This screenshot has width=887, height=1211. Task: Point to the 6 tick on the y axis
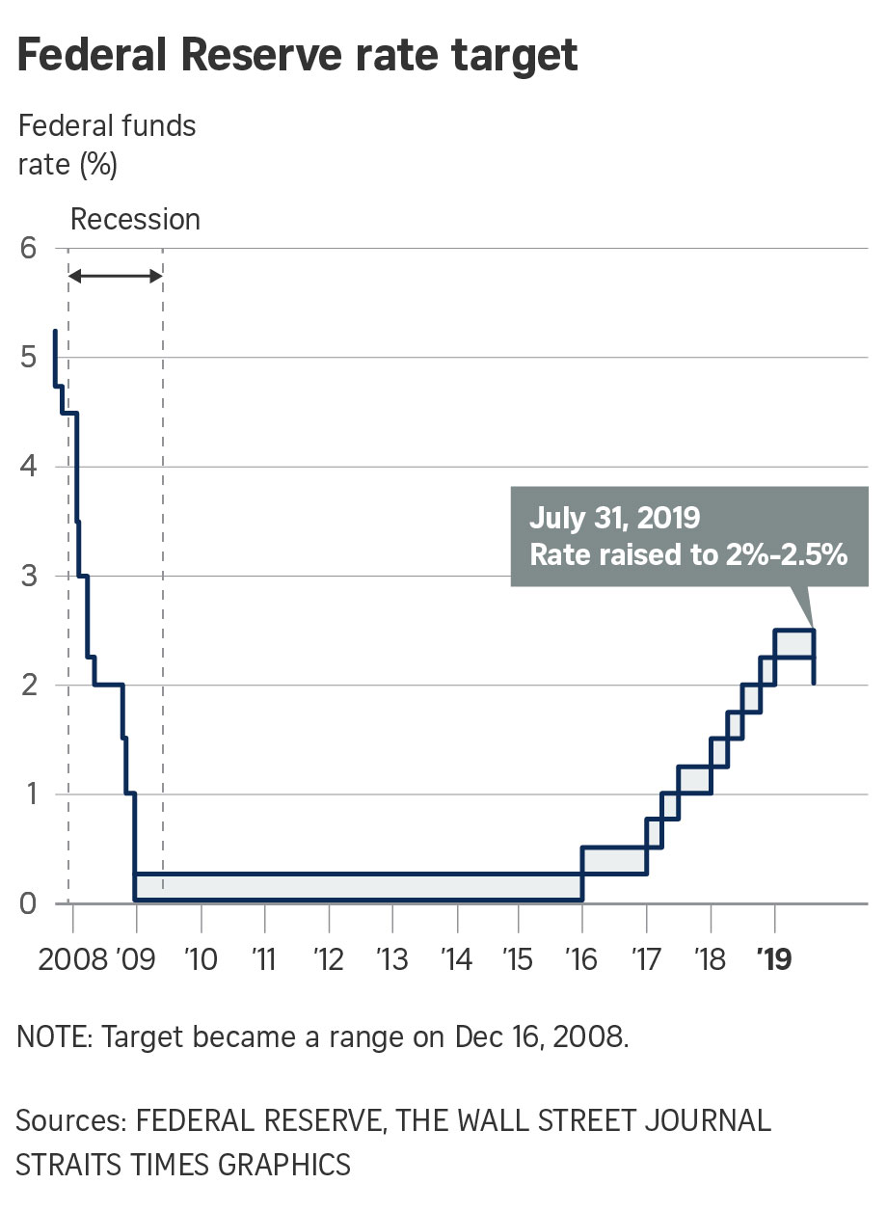[x=29, y=248]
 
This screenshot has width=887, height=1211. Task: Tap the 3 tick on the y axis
[x=29, y=576]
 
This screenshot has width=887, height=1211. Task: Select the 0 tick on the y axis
[x=29, y=903]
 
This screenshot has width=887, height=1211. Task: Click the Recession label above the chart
[x=135, y=220]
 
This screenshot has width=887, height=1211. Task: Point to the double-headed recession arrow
[x=116, y=277]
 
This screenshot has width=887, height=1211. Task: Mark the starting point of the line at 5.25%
[x=55, y=331]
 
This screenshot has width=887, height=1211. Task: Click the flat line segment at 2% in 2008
[x=108, y=685]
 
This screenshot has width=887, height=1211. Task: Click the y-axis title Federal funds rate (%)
[x=106, y=145]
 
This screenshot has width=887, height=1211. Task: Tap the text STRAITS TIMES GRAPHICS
[x=183, y=1164]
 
